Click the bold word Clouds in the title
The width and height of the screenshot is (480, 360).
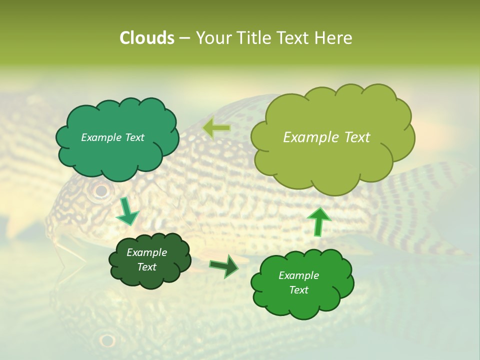146,38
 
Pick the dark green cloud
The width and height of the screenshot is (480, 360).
150,277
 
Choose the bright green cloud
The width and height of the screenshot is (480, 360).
302,305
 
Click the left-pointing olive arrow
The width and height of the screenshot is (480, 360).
216,128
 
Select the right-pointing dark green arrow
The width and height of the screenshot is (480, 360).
224,266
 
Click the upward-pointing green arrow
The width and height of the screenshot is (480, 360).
318,221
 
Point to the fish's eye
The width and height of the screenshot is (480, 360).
101,190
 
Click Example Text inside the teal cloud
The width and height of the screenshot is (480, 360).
112,137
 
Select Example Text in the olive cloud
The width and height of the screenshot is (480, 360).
326,137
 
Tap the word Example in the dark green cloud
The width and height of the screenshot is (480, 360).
146,252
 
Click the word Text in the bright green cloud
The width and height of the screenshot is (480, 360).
298,290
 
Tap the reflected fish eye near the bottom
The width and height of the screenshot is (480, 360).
106,340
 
